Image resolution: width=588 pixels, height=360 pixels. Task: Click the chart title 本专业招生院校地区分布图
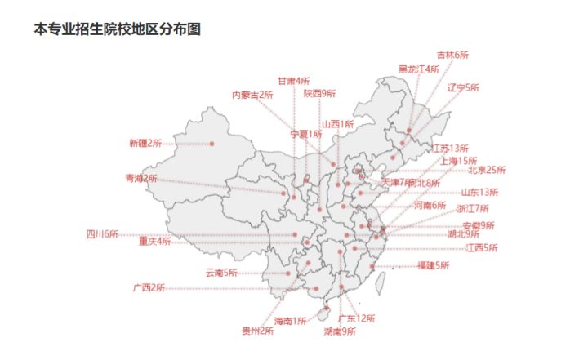[x=117, y=29]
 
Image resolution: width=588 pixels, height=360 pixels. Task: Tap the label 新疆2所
[x=145, y=144]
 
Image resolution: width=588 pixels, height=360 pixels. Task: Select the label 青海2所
[x=140, y=178]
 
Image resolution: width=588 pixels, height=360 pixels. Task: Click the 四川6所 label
[x=102, y=234]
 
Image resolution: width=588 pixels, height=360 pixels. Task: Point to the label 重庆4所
[x=154, y=242]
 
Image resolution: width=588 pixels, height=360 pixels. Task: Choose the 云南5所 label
[x=220, y=273]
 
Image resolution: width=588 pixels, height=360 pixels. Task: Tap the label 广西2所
[x=149, y=288]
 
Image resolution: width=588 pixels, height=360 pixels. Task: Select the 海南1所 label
[x=290, y=321]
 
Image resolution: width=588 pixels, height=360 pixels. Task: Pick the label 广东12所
[x=357, y=318]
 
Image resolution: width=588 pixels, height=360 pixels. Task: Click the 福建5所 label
[x=433, y=265]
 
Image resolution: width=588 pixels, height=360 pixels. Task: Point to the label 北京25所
[x=487, y=171]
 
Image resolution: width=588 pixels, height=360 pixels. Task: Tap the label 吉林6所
[x=452, y=55]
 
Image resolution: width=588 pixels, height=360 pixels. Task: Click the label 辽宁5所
[x=464, y=87]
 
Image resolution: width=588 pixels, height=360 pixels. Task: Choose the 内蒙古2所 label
[x=252, y=95]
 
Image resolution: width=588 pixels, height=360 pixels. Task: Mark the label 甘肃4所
[x=293, y=81]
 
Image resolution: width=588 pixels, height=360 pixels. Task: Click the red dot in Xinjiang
[x=212, y=144]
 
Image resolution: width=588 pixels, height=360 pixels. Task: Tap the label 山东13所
[x=479, y=193]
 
